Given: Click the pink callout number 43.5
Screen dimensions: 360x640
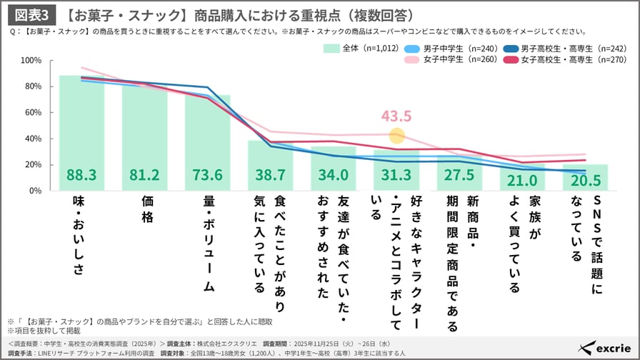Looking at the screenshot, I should pyautogui.click(x=396, y=116).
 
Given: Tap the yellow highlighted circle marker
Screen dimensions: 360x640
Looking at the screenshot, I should pyautogui.click(x=397, y=135).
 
